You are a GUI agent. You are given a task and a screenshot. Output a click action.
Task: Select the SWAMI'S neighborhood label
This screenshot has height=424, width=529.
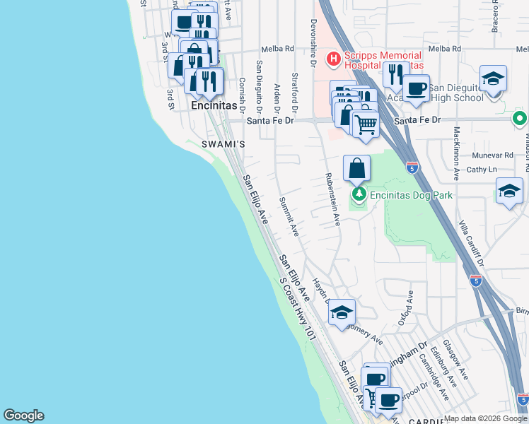pyautogui.click(x=223, y=144)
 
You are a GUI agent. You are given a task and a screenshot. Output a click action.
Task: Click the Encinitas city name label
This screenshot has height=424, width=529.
pyautogui.click(x=214, y=105)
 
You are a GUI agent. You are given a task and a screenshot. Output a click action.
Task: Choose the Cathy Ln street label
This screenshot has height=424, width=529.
pyautogui.click(x=482, y=170)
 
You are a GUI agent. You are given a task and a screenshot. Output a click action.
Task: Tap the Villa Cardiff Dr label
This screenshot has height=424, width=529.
pyautogui.click(x=472, y=241)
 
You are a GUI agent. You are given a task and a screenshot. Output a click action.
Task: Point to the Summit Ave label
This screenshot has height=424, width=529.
pyautogui.click(x=289, y=216)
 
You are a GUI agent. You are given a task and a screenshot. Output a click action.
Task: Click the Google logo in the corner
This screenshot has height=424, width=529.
pyautogui.click(x=23, y=416)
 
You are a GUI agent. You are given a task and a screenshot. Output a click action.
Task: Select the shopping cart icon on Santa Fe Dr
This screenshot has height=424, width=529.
pyautogui.click(x=365, y=124)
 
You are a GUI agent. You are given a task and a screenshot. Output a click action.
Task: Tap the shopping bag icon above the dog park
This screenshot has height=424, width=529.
pyautogui.click(x=357, y=168)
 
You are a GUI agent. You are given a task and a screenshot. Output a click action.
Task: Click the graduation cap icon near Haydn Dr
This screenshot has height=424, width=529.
pyautogui.click(x=342, y=312)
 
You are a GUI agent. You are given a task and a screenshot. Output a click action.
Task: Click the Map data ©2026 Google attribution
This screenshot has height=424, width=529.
pyautogui.click(x=485, y=418)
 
